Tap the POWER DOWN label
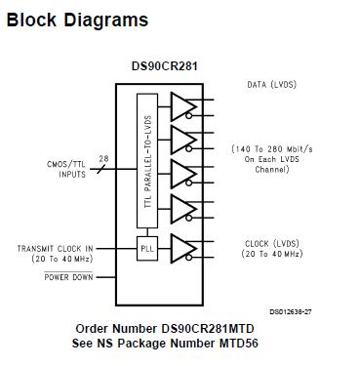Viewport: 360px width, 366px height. click(x=70, y=277)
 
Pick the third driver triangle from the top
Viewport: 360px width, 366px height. click(x=182, y=175)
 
